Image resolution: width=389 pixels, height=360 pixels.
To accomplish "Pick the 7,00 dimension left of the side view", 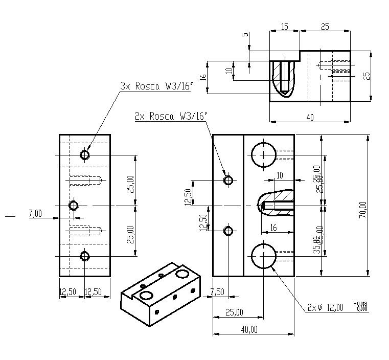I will click(x=35, y=214).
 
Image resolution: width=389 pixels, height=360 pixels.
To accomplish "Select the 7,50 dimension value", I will click(x=217, y=291).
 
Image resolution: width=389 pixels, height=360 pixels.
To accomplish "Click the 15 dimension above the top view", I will click(x=284, y=26).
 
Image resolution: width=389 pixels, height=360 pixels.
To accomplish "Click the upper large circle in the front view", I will click(x=263, y=154).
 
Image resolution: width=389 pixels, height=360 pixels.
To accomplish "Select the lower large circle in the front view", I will click(x=263, y=256).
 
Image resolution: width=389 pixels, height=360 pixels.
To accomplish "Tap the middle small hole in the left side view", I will click(x=74, y=206).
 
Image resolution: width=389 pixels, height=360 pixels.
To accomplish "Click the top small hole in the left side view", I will click(x=85, y=154).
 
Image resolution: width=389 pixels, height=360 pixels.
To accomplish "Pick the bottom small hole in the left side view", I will click(x=85, y=256).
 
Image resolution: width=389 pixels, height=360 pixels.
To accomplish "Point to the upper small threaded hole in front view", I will click(x=228, y=180).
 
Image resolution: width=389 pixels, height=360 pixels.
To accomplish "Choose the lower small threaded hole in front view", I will click(x=228, y=231).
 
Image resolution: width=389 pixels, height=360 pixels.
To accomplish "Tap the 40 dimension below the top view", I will click(x=310, y=117).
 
